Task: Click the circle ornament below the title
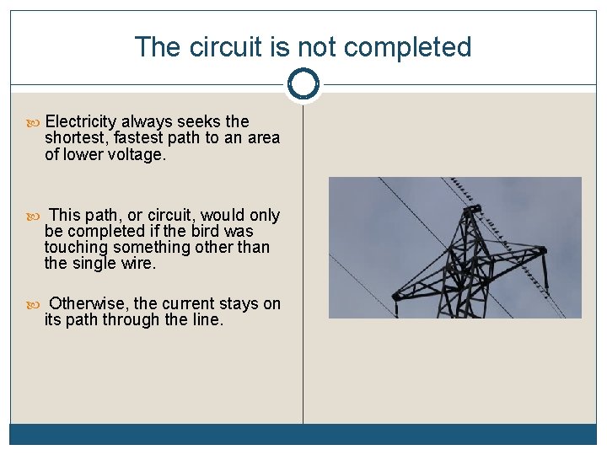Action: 303,84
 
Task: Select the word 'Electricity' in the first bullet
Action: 84,121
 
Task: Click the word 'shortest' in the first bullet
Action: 75,138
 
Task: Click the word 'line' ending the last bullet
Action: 207,319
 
